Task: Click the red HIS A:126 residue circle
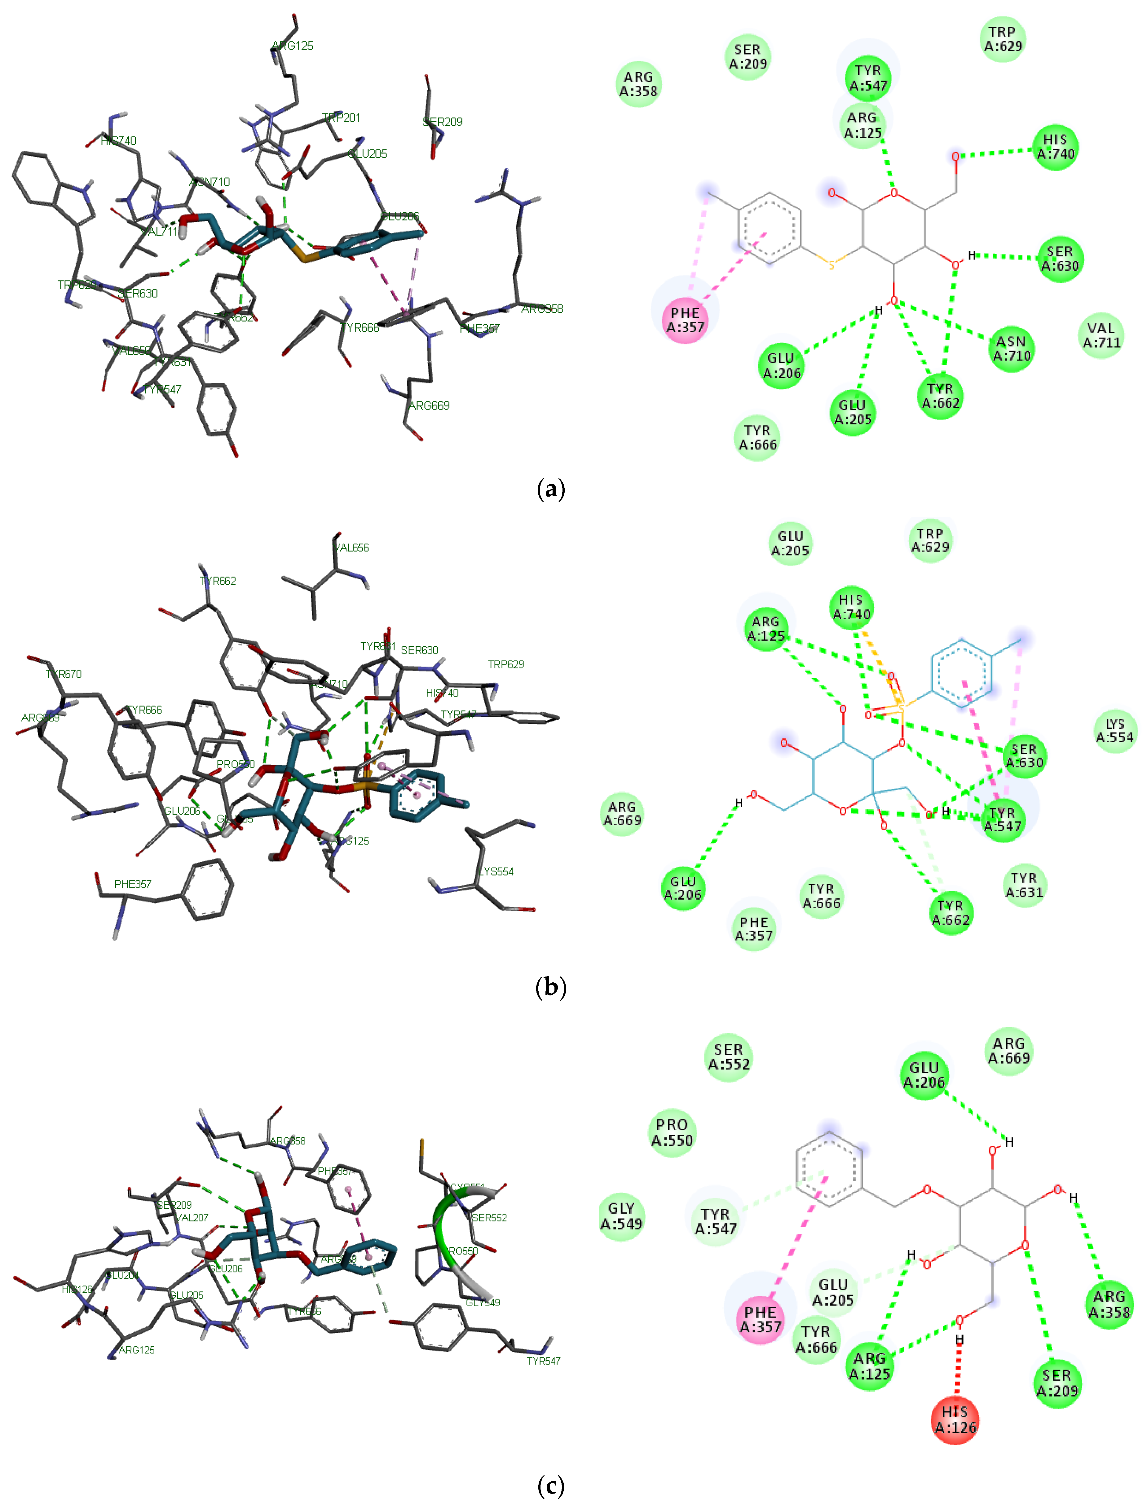click(955, 1420)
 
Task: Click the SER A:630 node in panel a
click(1060, 259)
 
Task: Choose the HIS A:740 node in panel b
click(851, 607)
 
